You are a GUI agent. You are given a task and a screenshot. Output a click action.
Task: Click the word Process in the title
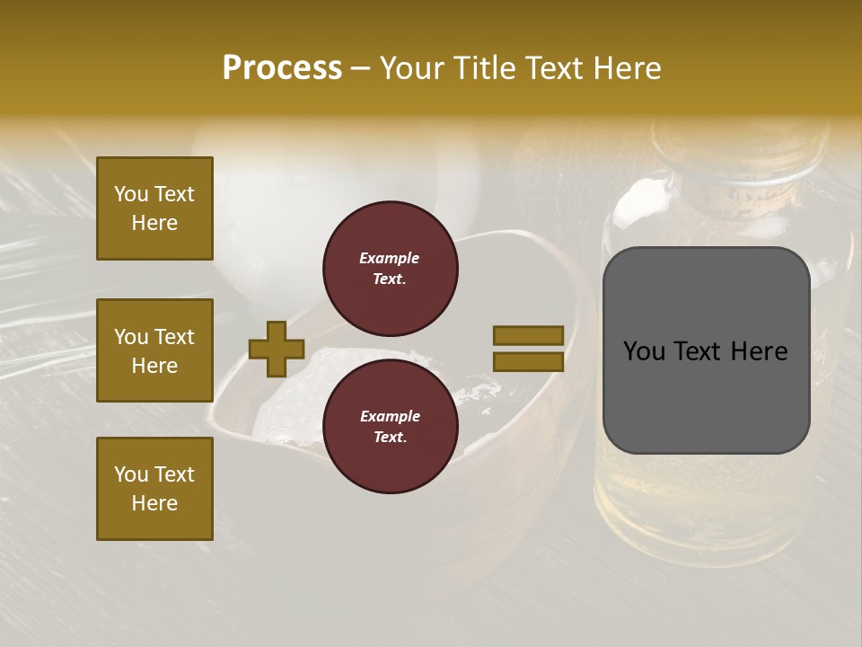tap(282, 67)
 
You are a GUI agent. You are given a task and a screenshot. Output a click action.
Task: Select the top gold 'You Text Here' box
tap(154, 208)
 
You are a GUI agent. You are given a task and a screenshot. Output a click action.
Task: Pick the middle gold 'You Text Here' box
tap(154, 350)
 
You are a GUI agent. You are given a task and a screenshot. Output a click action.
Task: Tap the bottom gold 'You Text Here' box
tap(154, 489)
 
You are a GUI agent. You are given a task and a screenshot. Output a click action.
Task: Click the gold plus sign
tap(277, 349)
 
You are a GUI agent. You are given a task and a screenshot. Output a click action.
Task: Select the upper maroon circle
tap(390, 269)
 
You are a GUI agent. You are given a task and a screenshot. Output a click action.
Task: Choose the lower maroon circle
tap(390, 427)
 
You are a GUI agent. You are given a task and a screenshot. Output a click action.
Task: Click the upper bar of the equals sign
tap(528, 336)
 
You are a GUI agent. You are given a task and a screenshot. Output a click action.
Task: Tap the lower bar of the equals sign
tap(528, 362)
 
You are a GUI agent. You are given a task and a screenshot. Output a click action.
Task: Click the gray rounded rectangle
tap(706, 395)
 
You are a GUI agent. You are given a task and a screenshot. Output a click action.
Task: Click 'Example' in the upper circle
tap(390, 258)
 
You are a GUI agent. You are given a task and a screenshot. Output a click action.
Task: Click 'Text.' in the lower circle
tap(390, 438)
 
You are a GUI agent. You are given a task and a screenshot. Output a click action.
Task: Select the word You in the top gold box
tap(130, 194)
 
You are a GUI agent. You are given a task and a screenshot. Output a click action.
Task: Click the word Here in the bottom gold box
tap(154, 503)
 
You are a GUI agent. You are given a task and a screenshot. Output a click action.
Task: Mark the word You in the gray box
tap(644, 351)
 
